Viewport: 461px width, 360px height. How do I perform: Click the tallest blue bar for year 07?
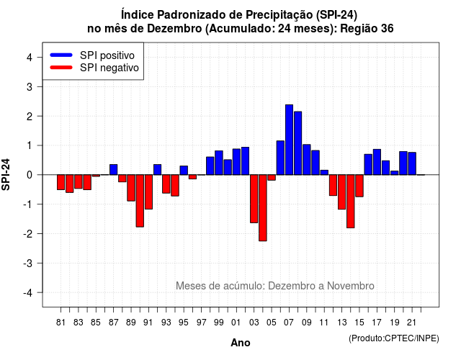pos(289,140)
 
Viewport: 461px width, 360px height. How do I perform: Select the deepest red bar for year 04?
pos(263,208)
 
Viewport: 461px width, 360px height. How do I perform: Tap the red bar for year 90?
pos(140,201)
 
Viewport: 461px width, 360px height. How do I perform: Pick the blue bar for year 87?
pos(114,170)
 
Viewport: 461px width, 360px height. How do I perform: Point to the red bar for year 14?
pos(351,202)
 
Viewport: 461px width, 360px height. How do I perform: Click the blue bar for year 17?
pos(377,162)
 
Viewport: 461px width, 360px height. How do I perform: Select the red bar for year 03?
pos(254,199)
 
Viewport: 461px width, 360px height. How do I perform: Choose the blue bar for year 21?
pos(412,163)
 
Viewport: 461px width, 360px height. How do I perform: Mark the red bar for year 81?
pos(61,182)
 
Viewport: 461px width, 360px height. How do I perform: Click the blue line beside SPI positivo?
pos(61,55)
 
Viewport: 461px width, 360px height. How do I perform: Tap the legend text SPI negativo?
pos(109,68)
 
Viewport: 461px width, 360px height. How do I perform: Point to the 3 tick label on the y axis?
pos(29,86)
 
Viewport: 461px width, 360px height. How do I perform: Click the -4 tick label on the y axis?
pos(28,293)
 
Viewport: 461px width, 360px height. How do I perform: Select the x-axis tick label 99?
pos(219,323)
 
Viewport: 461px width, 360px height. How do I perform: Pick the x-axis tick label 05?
pos(272,323)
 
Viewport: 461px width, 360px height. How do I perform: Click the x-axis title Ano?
pos(241,343)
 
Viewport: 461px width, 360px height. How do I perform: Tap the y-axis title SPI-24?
pos(6,174)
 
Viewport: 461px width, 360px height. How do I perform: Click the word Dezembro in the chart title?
pos(174,29)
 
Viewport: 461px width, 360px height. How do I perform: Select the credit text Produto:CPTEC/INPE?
pos(394,338)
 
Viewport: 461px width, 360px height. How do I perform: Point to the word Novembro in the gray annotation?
pos(351,286)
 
